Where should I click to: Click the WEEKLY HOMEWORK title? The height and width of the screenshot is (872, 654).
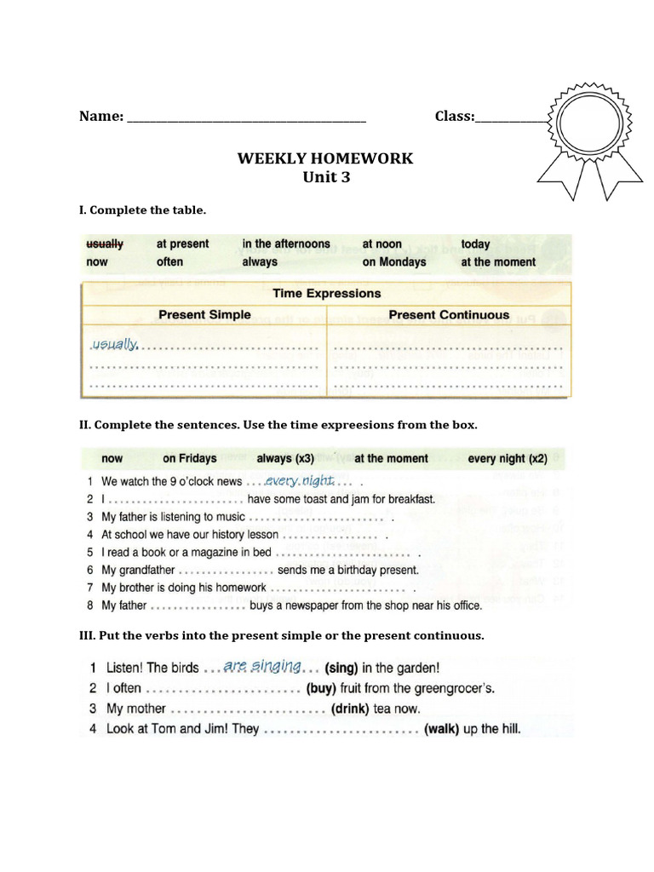point(324,159)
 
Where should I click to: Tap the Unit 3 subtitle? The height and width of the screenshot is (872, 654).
point(326,178)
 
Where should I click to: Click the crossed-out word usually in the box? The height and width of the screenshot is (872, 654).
point(105,244)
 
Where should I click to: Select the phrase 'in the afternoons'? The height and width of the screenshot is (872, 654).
point(285,244)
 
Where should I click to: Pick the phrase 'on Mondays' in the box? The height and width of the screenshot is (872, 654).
point(393,262)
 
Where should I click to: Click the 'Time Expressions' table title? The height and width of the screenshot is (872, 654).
point(326,294)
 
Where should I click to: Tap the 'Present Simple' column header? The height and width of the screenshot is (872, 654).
point(204,315)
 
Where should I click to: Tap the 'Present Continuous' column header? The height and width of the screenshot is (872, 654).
point(449,315)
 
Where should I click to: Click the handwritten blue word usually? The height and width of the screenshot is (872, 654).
point(113,345)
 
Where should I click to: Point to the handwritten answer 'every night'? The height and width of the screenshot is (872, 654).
point(299,481)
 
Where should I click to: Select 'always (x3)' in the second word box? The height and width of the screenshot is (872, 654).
point(285,458)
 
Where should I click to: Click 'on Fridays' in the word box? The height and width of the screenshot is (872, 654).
point(190,458)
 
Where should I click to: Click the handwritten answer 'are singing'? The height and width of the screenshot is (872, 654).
point(262,667)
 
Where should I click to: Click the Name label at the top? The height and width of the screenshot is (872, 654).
point(101,117)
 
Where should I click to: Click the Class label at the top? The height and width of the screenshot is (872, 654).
point(455,117)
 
